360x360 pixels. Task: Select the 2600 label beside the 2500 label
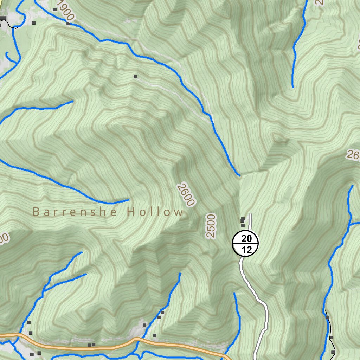pos(186,194)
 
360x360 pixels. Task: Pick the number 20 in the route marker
pos(246,239)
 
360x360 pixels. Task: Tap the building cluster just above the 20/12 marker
pos(243,221)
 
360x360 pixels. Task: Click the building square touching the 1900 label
pos(68,24)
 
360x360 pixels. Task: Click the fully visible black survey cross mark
pos(65,291)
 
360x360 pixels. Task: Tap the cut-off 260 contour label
pos(353,155)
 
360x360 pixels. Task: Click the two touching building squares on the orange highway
pos(91,345)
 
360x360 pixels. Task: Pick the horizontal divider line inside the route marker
pos(245,244)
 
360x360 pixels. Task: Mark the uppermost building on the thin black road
pos(328,317)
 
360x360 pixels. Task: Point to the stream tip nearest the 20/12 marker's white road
pos(234,293)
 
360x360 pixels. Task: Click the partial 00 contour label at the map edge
pos(4,240)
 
